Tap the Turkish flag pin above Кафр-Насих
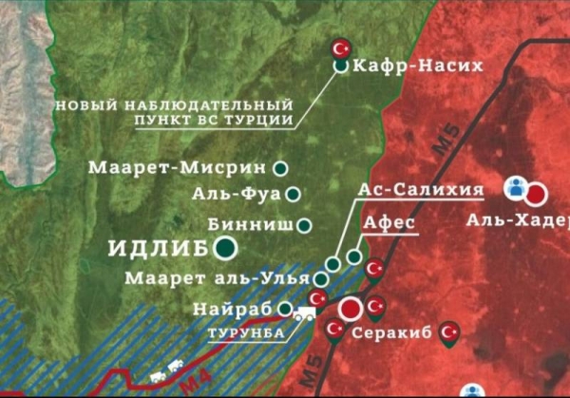pos(340,48)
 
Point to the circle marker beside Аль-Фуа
pos(293,195)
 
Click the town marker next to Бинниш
pos(305,226)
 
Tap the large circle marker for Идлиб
pos(227,250)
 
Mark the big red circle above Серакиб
pos(351,309)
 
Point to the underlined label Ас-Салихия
pos(420,189)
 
